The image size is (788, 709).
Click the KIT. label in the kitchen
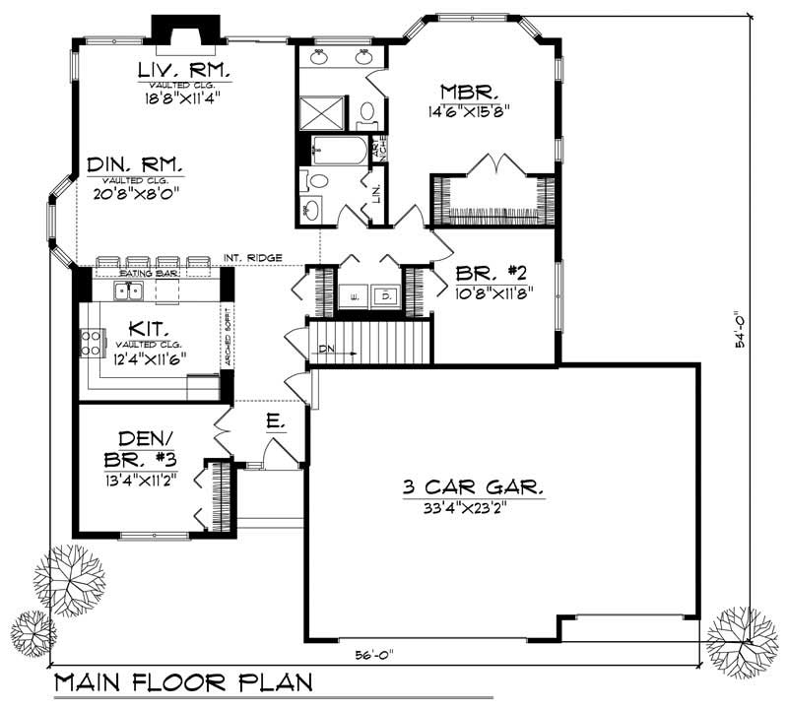(x=150, y=329)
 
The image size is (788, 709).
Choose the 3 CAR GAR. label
(x=473, y=487)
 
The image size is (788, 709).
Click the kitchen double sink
(x=130, y=290)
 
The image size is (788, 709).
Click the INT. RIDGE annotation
(x=253, y=259)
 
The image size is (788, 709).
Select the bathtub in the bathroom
(x=338, y=153)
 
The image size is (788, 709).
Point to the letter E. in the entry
(x=275, y=422)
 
